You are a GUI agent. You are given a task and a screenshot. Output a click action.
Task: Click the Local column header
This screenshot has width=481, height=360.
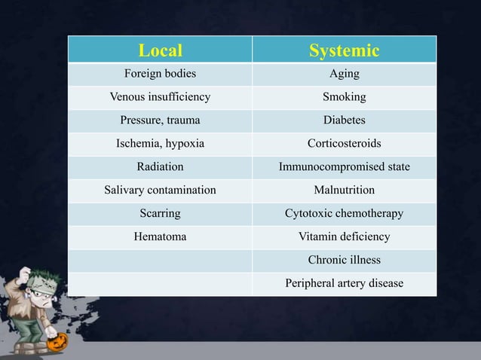click(x=160, y=50)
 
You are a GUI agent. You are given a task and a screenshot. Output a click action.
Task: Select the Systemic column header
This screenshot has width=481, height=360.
click(x=344, y=50)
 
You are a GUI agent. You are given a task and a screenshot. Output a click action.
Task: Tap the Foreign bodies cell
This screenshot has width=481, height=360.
click(x=160, y=74)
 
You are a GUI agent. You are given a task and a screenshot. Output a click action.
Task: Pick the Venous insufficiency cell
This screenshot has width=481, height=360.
click(x=160, y=97)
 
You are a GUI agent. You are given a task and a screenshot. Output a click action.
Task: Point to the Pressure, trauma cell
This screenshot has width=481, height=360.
click(x=160, y=121)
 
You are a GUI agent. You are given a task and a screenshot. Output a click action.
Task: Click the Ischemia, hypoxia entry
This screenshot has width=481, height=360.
click(x=160, y=144)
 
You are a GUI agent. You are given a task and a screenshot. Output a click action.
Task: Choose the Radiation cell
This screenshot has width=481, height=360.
click(x=160, y=166)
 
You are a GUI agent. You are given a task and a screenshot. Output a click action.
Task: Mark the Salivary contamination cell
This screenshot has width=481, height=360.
click(x=160, y=190)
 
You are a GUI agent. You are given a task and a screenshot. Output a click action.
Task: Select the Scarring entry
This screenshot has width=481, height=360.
click(x=160, y=213)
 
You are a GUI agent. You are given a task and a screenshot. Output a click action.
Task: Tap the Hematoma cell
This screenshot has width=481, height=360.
click(x=160, y=236)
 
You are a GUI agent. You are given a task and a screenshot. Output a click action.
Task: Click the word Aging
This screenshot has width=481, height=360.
click(x=344, y=74)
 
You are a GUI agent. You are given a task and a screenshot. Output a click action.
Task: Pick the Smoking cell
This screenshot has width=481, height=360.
click(x=344, y=97)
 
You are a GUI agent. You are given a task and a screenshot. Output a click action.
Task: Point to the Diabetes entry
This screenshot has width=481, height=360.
click(x=344, y=121)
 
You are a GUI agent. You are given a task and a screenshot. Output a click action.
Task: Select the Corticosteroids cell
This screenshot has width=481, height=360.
click(x=344, y=144)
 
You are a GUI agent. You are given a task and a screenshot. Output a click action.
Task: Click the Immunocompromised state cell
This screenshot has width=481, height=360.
click(x=344, y=166)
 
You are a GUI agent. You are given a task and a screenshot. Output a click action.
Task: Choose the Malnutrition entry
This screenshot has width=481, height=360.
click(x=344, y=190)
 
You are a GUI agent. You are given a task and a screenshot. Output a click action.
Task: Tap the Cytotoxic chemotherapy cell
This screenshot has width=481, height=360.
click(x=344, y=213)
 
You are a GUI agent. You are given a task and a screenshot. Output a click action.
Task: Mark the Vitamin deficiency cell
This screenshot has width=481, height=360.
click(x=344, y=236)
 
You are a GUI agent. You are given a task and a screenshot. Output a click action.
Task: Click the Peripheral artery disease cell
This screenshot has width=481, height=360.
click(x=344, y=283)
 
